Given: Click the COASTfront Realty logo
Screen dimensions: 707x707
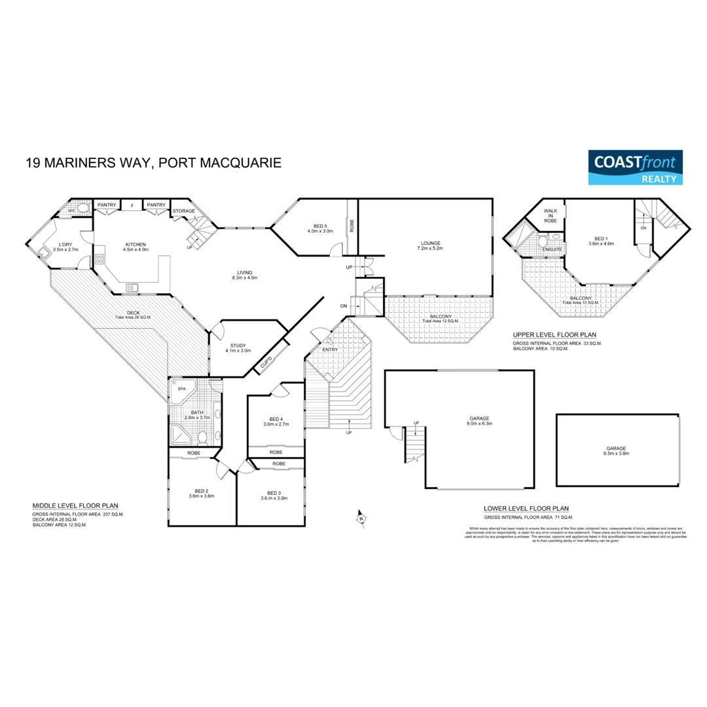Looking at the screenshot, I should [634, 167].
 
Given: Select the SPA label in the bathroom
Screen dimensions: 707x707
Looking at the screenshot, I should [182, 388].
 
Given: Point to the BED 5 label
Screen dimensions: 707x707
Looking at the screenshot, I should [320, 228].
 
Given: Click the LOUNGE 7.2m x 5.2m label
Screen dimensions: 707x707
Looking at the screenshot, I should [430, 245].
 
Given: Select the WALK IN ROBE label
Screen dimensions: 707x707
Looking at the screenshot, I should [551, 215].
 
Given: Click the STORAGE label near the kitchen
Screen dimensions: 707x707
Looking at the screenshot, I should [185, 211].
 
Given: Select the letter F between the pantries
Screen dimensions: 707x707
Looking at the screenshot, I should [132, 206].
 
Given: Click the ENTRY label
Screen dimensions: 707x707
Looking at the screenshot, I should [329, 350].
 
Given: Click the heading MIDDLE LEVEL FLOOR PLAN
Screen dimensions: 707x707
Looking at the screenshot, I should [75, 505].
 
